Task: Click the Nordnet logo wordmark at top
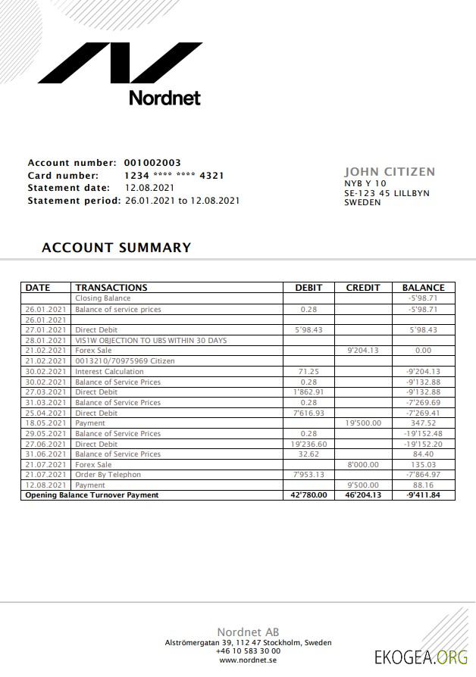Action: pos(164,98)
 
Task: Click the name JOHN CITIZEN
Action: pos(390,172)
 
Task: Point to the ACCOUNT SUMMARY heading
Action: pos(116,248)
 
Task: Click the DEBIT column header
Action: pos(308,288)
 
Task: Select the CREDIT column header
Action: pos(363,288)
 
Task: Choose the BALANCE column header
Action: pos(423,288)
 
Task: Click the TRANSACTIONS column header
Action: pos(111,288)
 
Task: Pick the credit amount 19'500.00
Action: pos(363,423)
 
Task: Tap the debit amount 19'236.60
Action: pos(308,444)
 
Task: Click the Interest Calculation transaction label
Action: pos(109,372)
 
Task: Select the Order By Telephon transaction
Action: pos(108,475)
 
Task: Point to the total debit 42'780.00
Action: pos(308,495)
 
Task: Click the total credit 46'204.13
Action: pos(363,495)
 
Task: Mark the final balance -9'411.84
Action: pos(423,495)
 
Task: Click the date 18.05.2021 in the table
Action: pos(46,423)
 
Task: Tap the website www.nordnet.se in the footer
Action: pos(248,660)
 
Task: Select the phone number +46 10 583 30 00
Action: pos(248,650)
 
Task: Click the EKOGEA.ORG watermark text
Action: pos(421,657)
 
